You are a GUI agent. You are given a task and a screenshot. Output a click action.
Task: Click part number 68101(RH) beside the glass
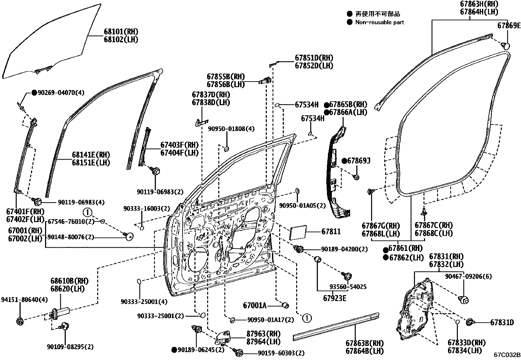point(121,32)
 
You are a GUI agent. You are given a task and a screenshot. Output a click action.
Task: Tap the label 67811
point(331,232)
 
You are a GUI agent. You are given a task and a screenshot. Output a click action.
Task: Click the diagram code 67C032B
point(507,355)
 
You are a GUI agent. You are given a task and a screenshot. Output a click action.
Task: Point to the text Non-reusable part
point(380,22)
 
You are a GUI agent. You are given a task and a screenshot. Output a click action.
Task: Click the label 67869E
point(509,26)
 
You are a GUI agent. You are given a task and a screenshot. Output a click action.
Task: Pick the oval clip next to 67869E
point(506,46)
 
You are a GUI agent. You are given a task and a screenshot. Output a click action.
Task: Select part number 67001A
point(255,306)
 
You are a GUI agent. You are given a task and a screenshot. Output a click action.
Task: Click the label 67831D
point(502,323)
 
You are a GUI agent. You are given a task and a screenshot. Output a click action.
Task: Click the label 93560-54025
point(348,287)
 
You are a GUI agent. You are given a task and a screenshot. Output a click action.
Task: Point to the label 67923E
point(334,298)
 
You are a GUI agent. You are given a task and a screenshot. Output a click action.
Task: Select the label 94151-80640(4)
point(24,299)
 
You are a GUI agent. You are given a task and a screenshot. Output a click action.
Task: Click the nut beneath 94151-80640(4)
point(20,321)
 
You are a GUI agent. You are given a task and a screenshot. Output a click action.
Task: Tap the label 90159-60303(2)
point(281,353)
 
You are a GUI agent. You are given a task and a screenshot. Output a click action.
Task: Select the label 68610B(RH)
point(69,281)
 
